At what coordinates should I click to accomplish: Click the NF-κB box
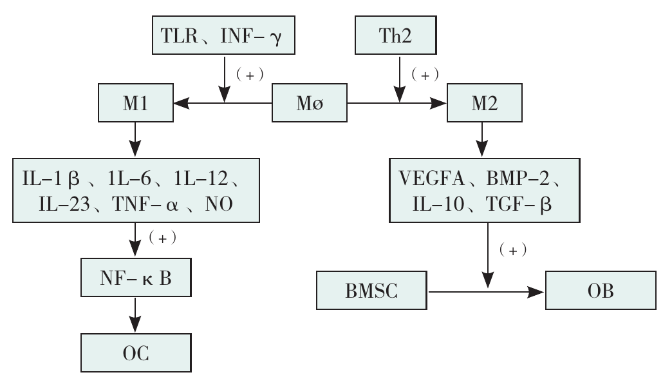tap(135, 277)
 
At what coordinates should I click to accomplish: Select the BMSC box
tap(373, 291)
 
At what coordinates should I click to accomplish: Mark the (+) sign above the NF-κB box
tap(162, 237)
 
